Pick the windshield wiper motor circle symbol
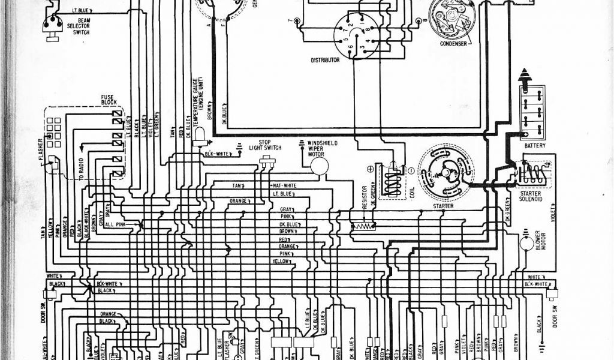(x=318, y=166)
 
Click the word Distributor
(x=325, y=60)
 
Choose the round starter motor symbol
(x=446, y=172)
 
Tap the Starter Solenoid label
(x=530, y=197)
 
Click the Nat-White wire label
(x=285, y=185)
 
